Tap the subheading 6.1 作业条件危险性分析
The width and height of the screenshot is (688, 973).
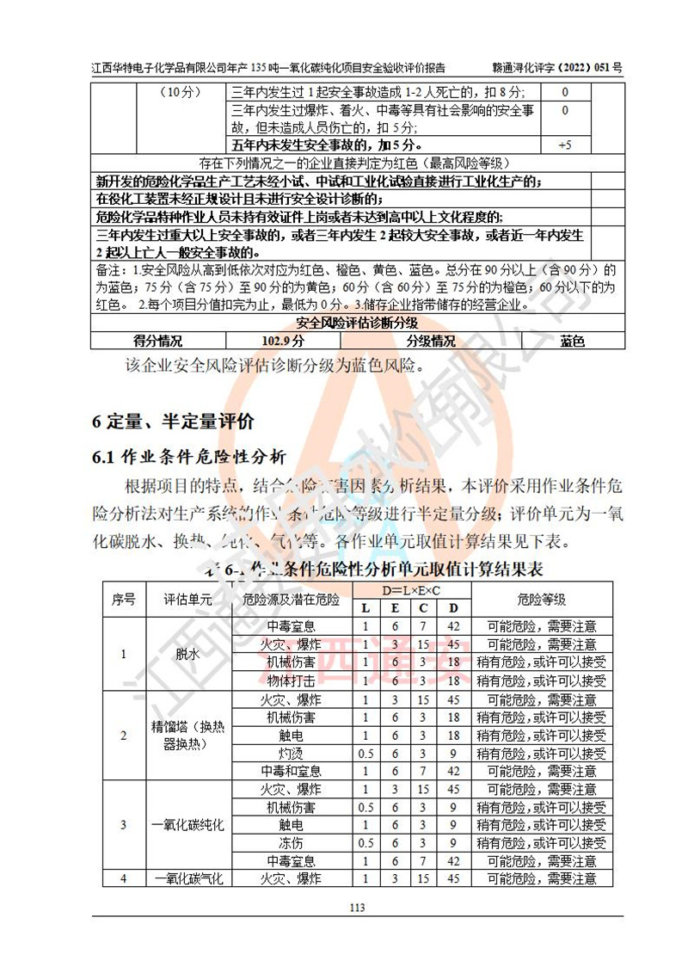(x=189, y=457)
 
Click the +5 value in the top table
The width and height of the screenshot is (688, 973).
(x=565, y=145)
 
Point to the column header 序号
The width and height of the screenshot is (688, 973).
(x=123, y=600)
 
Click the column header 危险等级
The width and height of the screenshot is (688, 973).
(x=542, y=600)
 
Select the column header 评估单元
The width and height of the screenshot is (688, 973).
(x=187, y=600)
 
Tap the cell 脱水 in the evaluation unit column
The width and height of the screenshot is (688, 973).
(x=187, y=654)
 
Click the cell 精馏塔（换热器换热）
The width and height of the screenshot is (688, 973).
(x=187, y=736)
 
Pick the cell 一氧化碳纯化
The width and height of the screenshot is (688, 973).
(x=187, y=825)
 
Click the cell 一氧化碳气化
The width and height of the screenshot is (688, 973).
(x=187, y=878)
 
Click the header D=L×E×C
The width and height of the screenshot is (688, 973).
(x=411, y=591)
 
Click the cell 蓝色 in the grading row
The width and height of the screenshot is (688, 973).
(x=572, y=341)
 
